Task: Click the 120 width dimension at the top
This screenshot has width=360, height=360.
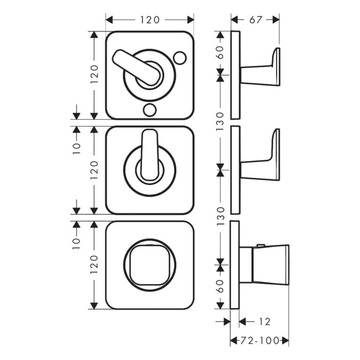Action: pyautogui.click(x=150, y=20)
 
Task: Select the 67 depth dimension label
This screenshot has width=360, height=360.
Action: pyautogui.click(x=256, y=20)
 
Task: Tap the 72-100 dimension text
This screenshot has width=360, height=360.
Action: pyautogui.click(x=260, y=340)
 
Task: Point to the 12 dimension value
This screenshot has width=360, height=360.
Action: pyautogui.click(x=263, y=322)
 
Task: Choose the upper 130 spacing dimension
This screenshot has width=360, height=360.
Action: pyautogui.click(x=220, y=121)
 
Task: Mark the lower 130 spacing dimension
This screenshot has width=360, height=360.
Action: pyautogui.click(x=220, y=216)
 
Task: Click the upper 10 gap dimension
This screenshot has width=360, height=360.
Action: pyautogui.click(x=77, y=148)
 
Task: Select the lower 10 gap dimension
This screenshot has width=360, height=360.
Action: pyautogui.click(x=77, y=242)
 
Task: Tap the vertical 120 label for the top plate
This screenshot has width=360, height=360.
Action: pyautogui.click(x=94, y=75)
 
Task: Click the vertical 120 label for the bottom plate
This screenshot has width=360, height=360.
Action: pyautogui.click(x=94, y=265)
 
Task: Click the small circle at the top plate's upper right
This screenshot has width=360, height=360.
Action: pyautogui.click(x=179, y=58)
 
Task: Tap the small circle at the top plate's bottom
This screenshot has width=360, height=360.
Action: pyautogui.click(x=150, y=109)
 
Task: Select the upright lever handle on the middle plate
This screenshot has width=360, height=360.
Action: pyautogui.click(x=150, y=154)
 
